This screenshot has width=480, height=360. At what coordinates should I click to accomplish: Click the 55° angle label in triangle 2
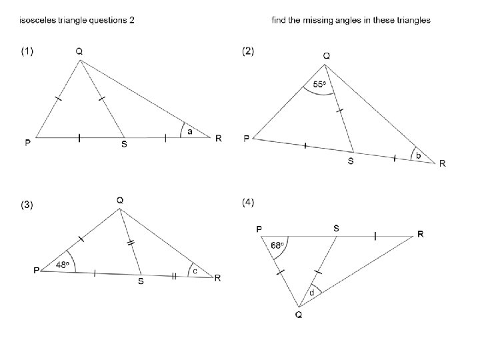(320, 85)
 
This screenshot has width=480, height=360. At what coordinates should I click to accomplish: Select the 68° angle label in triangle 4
(278, 245)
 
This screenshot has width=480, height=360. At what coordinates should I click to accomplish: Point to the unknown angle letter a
(189, 131)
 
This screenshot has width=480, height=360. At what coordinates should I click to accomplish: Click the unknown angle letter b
(419, 155)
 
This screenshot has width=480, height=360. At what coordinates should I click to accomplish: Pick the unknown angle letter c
(195, 271)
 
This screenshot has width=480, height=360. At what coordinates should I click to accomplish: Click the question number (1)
(28, 51)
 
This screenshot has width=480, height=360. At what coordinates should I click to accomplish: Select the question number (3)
(27, 205)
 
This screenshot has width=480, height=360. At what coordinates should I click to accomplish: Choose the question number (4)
(248, 201)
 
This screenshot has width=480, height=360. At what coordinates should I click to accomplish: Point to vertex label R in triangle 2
(442, 164)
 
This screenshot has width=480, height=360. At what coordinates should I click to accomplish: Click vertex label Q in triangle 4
(299, 316)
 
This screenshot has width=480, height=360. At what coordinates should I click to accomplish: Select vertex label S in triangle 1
(125, 144)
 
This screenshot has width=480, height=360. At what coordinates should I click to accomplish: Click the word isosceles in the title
(39, 20)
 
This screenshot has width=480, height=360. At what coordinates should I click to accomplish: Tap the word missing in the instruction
(323, 20)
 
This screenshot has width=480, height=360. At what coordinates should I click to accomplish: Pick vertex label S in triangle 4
(336, 227)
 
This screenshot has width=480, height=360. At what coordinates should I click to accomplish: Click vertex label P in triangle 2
(247, 138)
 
